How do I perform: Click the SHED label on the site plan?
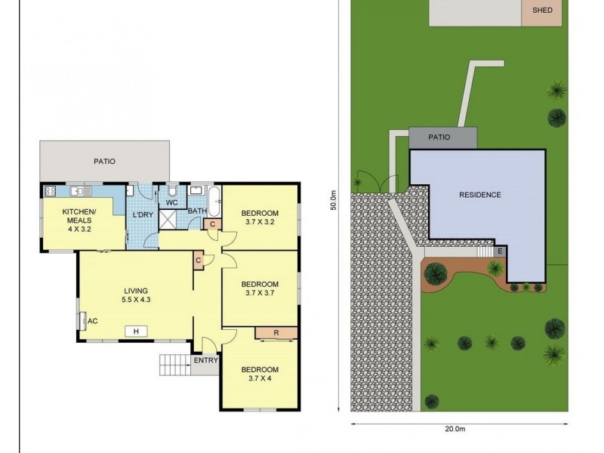point(542,10)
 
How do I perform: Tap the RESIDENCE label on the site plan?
point(480,195)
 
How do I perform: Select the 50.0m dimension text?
point(334,200)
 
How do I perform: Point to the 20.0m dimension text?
point(455,428)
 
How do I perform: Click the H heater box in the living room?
point(136,331)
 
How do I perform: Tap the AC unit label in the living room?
point(92,321)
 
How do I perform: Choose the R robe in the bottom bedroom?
point(276,333)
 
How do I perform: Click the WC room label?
point(172,202)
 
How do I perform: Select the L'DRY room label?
point(143,214)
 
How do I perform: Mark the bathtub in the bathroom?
point(214,201)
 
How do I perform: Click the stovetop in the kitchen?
point(51,191)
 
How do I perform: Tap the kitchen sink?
point(81,191)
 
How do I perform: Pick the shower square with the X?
point(168,219)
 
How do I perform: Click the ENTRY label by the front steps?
point(205,361)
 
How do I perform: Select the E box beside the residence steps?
point(500,251)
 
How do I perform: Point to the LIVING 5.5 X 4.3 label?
point(136,295)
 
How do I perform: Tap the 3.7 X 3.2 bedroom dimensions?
point(260,222)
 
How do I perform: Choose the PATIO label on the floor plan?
point(104,162)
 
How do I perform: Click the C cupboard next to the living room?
point(199,260)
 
